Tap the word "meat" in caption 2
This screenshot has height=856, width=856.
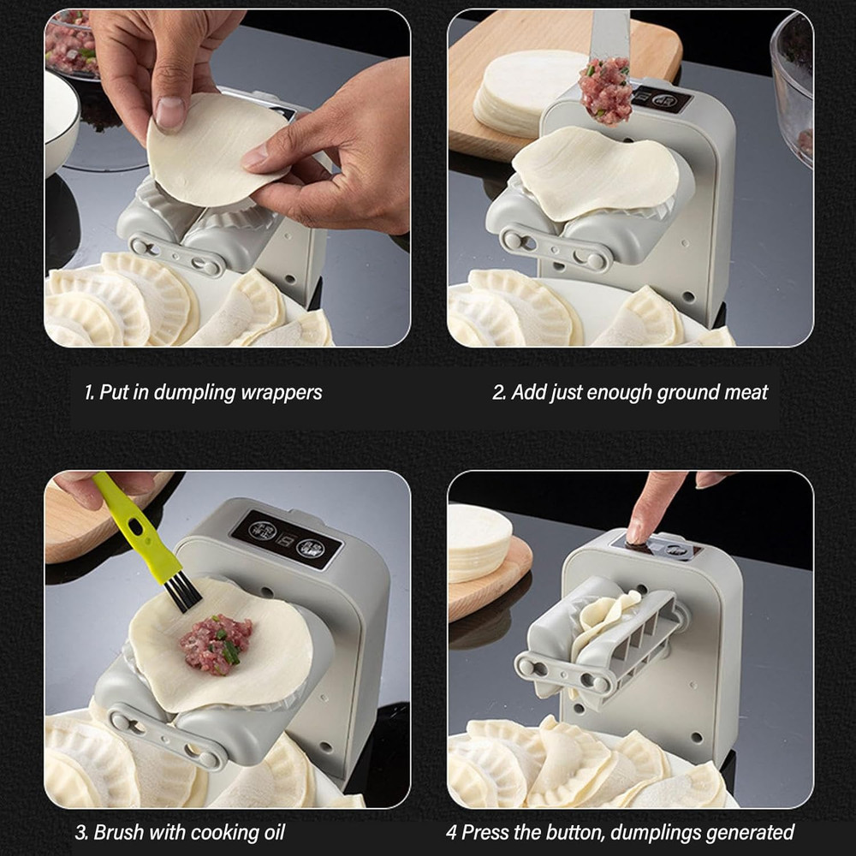pyautogui.click(x=746, y=393)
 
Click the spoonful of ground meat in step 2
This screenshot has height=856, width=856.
pyautogui.click(x=605, y=90)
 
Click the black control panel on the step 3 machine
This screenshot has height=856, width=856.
pyautogui.click(x=286, y=539)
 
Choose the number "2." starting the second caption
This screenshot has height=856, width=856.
pyautogui.click(x=499, y=393)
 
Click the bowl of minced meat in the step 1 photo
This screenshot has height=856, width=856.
pyautogui.click(x=72, y=43)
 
